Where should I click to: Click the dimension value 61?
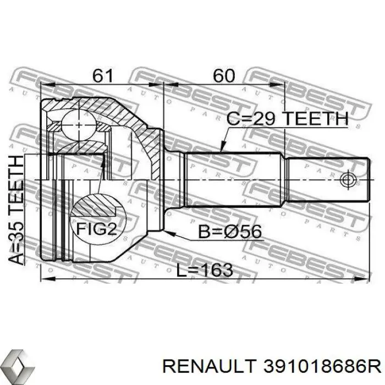tap(103, 76)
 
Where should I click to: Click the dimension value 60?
tap(224, 76)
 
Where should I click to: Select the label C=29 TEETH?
tap(287, 119)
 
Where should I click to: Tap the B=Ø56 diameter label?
tap(229, 232)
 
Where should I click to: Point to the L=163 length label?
tap(205, 270)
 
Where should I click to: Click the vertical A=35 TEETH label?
tap(16, 210)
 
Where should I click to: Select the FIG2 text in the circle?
tap(96, 229)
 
